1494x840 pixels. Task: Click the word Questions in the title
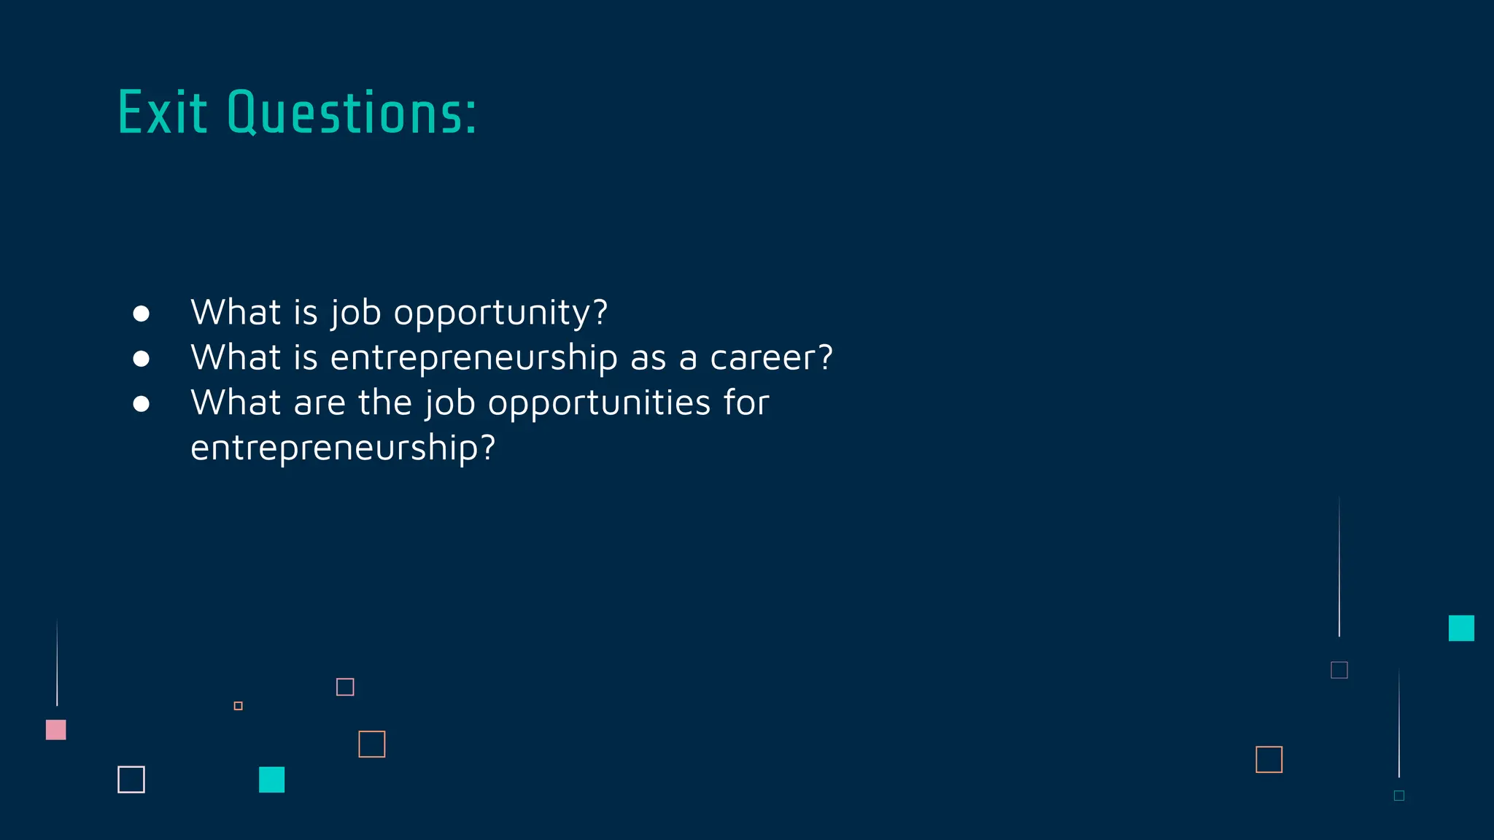[352, 114]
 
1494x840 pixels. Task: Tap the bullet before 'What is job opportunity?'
[142, 314]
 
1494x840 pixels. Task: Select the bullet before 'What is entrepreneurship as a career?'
[142, 359]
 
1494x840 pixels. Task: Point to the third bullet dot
[142, 404]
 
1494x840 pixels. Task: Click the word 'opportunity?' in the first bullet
[500, 314]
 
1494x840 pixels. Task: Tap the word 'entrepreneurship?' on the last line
[343, 448]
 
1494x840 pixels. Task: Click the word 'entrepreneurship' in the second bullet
[474, 358]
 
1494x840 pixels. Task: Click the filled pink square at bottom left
[56, 730]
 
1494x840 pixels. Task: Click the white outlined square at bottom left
[131, 779]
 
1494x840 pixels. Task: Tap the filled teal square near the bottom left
[271, 779]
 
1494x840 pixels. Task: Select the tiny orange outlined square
[239, 706]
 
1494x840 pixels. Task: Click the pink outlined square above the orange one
[345, 687]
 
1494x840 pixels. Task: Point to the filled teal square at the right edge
[1461, 628]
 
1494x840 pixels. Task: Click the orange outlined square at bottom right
[1269, 760]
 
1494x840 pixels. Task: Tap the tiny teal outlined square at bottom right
[1399, 796]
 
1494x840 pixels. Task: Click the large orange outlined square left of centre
[372, 744]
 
